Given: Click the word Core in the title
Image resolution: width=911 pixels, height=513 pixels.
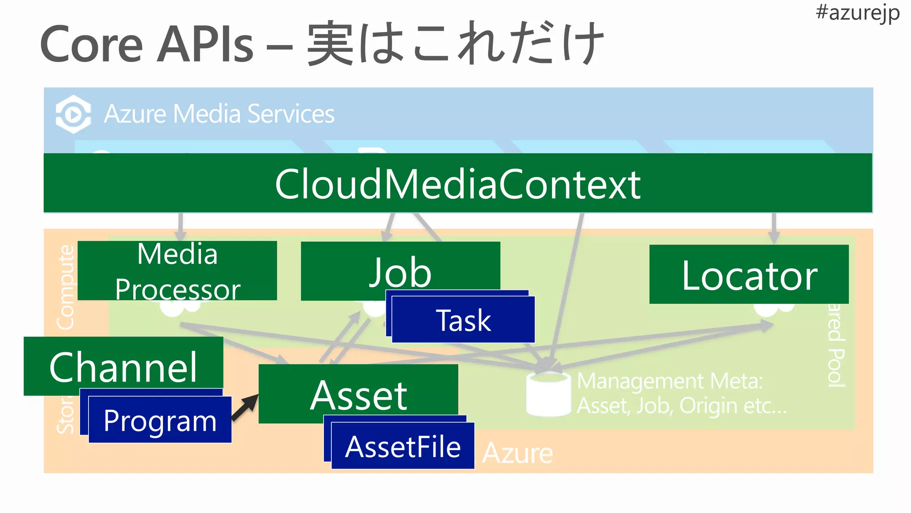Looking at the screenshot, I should tap(91, 45).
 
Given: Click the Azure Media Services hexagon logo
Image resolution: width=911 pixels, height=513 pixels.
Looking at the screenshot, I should tap(73, 114).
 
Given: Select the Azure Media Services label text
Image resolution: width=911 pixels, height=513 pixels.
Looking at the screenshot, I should tap(219, 114).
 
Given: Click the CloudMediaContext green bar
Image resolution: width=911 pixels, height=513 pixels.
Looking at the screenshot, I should tap(457, 183).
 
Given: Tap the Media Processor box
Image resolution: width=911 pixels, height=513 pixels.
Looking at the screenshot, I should tap(177, 271).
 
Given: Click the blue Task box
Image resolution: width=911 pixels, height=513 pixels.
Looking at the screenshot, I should tap(463, 320).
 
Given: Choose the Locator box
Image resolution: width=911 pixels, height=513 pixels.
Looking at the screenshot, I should tap(749, 275).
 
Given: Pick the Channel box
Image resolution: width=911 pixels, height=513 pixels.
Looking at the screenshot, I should tap(123, 366).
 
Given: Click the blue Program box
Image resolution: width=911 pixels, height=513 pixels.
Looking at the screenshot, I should tap(160, 420).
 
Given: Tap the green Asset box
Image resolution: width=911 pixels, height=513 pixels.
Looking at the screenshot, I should tap(358, 394).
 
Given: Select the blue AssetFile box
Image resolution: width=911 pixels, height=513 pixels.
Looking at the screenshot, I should tap(403, 446).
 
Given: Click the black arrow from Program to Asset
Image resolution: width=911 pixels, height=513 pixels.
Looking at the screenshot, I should tap(245, 407).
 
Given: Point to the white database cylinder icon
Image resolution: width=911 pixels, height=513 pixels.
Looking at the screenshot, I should tap(548, 394).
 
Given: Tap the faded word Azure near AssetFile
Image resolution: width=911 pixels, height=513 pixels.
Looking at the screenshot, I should tap(517, 453).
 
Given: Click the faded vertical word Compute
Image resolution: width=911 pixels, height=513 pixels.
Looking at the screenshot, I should tap(66, 287).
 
